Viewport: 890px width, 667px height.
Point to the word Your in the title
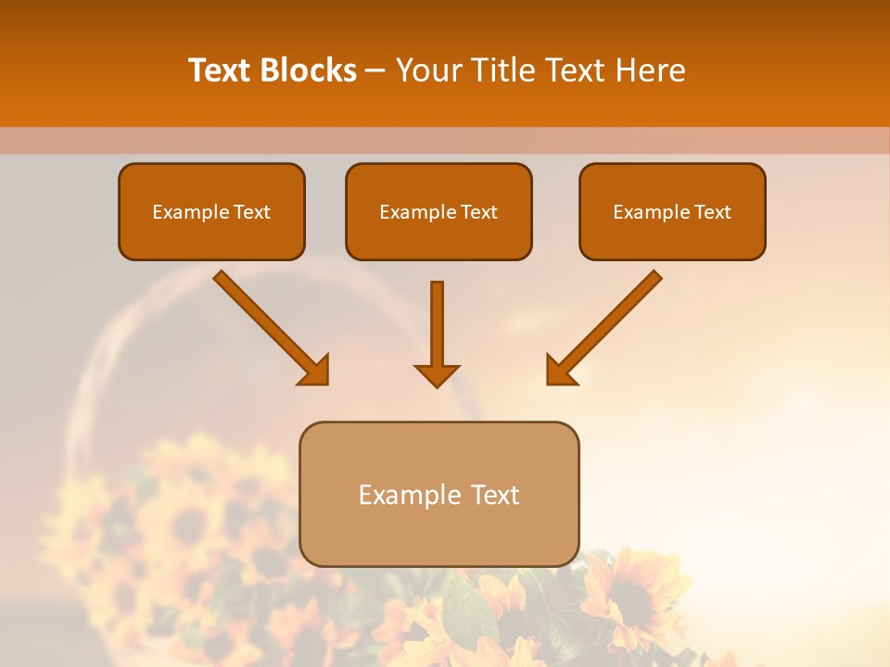429,70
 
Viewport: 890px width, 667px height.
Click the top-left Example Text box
211,211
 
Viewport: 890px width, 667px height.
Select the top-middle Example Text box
439,211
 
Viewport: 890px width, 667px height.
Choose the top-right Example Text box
672,211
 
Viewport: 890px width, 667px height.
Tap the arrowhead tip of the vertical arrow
437,384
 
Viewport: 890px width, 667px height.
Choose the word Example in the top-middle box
417,212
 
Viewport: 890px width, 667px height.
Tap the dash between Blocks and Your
375,70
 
